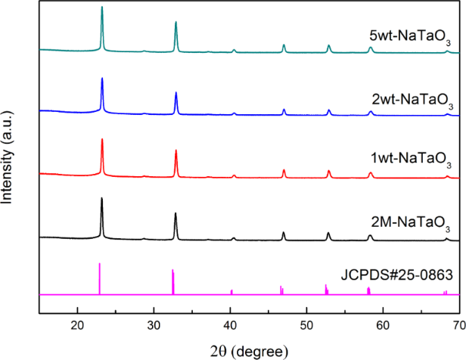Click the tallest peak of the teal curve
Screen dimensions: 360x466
[x=102, y=8]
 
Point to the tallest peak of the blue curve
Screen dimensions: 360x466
[x=102, y=79]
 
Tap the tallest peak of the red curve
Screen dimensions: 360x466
[x=102, y=140]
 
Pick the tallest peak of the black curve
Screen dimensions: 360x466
[x=102, y=199]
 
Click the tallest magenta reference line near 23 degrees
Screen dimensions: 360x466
[x=99, y=264]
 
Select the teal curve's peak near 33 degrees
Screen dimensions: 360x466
[x=176, y=23]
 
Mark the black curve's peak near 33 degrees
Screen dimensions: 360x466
[x=176, y=214]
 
